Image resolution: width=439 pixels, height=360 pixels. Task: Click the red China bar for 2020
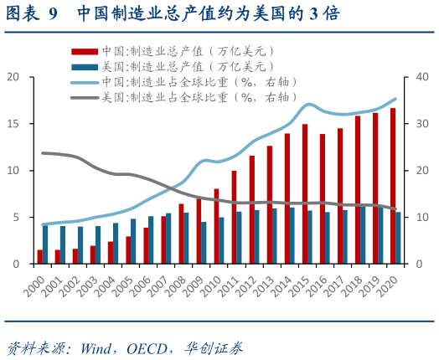[393, 186]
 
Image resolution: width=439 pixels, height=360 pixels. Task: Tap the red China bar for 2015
[304, 194]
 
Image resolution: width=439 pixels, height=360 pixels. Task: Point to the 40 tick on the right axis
[421, 77]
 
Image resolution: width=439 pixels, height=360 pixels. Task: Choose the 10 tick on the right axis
[421, 218]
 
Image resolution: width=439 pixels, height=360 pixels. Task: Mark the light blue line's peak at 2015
[308, 105]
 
